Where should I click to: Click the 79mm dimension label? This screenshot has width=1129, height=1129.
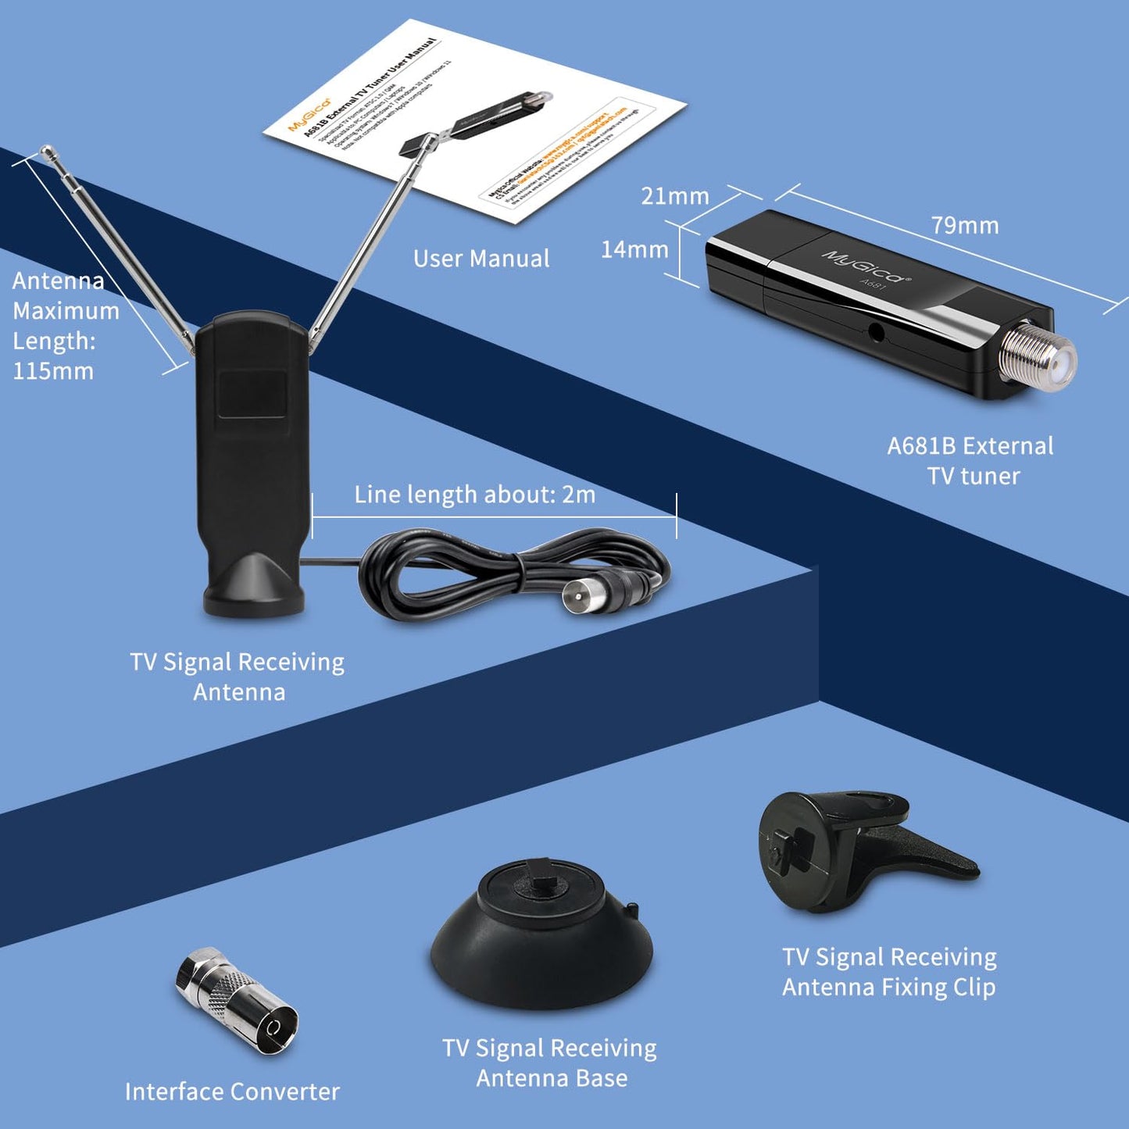click(965, 226)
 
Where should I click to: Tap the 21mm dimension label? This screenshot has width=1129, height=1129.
click(675, 196)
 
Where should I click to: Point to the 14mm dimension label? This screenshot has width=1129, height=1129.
click(634, 250)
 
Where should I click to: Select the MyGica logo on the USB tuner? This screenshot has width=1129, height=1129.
click(865, 266)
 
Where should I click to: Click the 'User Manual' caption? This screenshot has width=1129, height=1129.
click(481, 259)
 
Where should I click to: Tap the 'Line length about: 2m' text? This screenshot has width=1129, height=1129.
click(475, 495)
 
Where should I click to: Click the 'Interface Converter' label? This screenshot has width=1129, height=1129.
click(232, 1091)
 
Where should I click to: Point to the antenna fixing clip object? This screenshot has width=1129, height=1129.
click(852, 852)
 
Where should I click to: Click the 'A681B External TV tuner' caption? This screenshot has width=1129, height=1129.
click(971, 461)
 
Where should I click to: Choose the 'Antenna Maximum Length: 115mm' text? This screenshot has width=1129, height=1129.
click(64, 326)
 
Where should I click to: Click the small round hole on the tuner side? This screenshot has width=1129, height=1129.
click(877, 333)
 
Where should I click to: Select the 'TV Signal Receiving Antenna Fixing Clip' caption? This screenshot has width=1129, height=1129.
click(889, 972)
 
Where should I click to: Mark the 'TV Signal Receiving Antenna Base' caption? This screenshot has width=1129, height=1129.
click(550, 1063)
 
